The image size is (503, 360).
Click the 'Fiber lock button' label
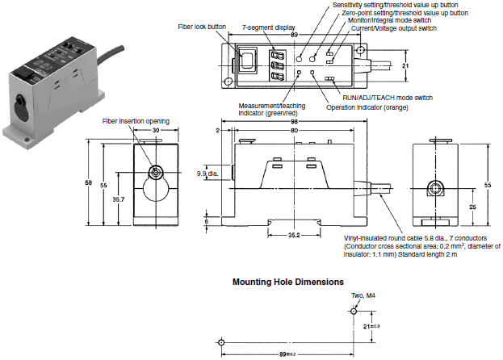click(202, 27)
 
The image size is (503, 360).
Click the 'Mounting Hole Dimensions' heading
click(288, 283)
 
